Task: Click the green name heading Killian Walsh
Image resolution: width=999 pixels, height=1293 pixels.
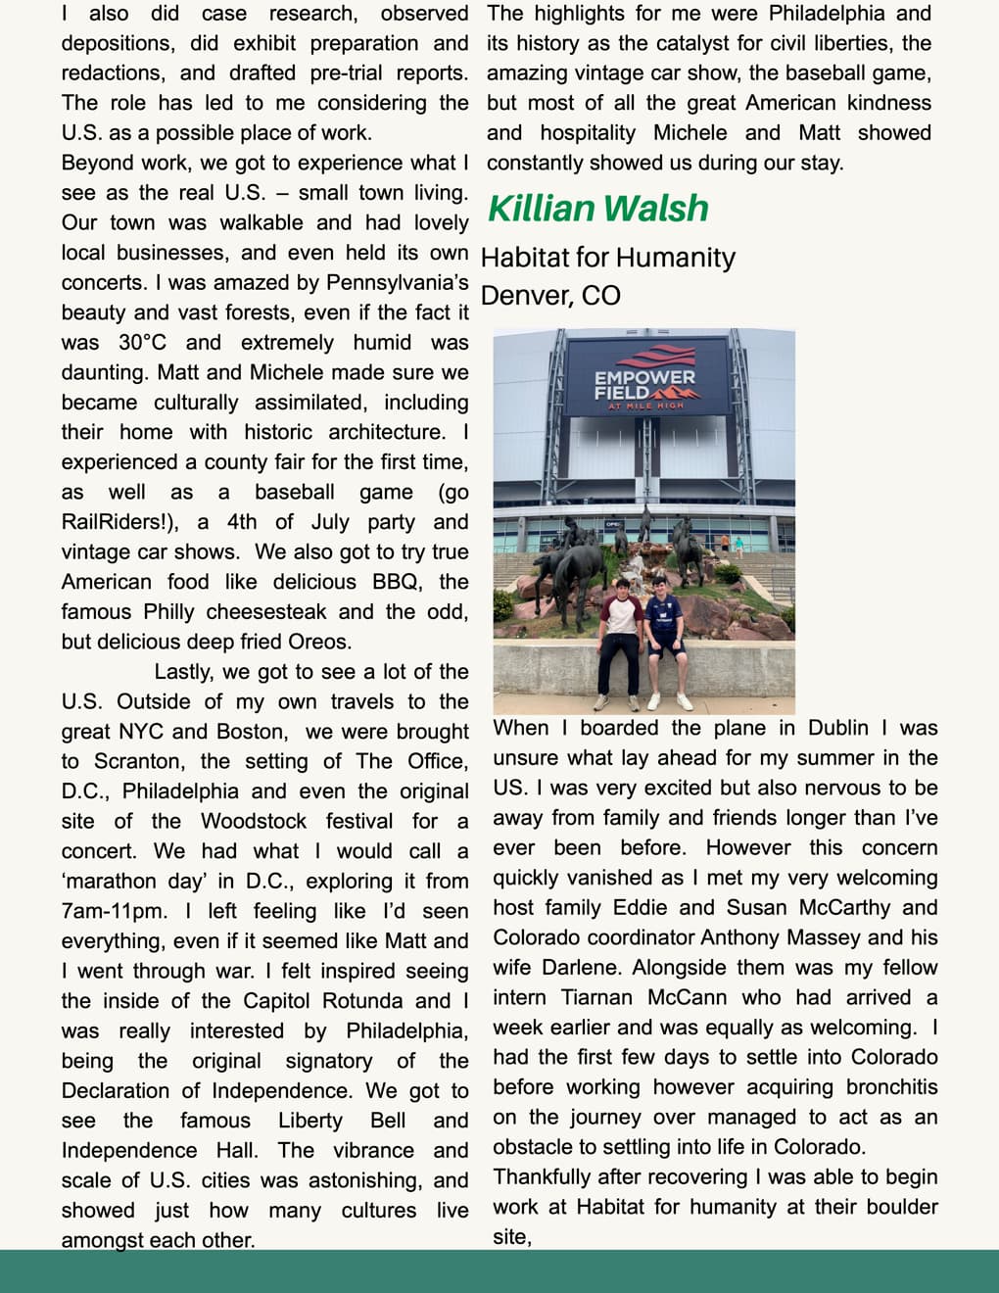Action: click(x=597, y=209)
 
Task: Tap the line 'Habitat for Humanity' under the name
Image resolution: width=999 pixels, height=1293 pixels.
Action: click(x=608, y=258)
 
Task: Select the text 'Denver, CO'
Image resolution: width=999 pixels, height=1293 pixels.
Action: click(x=550, y=296)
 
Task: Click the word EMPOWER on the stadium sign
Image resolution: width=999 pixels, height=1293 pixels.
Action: click(x=644, y=377)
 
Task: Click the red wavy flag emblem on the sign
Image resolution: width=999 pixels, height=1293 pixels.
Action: click(x=643, y=357)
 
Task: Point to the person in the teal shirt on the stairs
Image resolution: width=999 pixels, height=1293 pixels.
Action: click(x=738, y=545)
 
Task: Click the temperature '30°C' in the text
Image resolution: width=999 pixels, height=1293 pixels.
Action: click(x=142, y=343)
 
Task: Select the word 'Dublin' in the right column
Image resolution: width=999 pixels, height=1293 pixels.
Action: click(x=837, y=728)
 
